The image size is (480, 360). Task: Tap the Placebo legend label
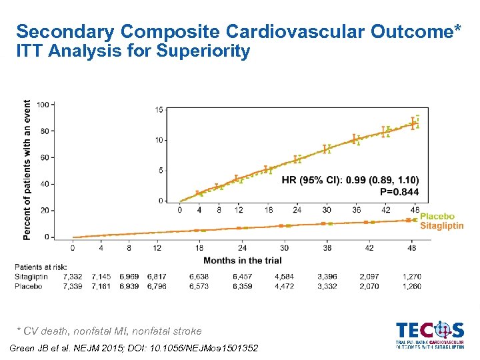[437, 217]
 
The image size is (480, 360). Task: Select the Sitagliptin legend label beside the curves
[441, 225]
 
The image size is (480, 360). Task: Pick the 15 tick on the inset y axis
[160, 109]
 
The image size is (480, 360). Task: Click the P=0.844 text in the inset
[399, 191]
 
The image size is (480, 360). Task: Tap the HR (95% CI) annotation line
[350, 180]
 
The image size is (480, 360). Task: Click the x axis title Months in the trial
[242, 260]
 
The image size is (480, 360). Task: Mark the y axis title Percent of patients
[27, 170]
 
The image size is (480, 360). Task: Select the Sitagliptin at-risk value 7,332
[73, 276]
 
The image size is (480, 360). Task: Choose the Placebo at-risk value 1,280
[412, 286]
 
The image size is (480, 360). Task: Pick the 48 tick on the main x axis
[412, 248]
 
